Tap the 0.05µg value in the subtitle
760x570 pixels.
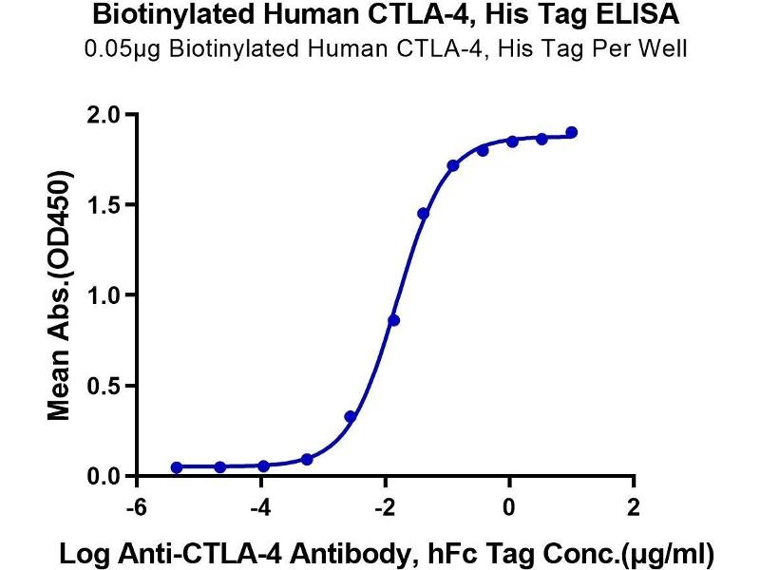click(x=118, y=48)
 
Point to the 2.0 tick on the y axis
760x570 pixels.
click(x=105, y=115)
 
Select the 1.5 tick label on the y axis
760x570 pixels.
click(x=105, y=205)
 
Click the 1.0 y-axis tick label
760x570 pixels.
click(x=105, y=295)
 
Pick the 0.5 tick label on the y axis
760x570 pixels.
click(x=105, y=387)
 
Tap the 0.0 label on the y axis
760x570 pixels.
click(x=105, y=477)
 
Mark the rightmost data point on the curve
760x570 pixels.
click(x=572, y=133)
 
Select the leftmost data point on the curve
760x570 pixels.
click(x=177, y=467)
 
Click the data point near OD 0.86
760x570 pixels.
click(x=394, y=320)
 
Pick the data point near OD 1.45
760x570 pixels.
click(x=423, y=214)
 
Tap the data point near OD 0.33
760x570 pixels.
click(x=351, y=416)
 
